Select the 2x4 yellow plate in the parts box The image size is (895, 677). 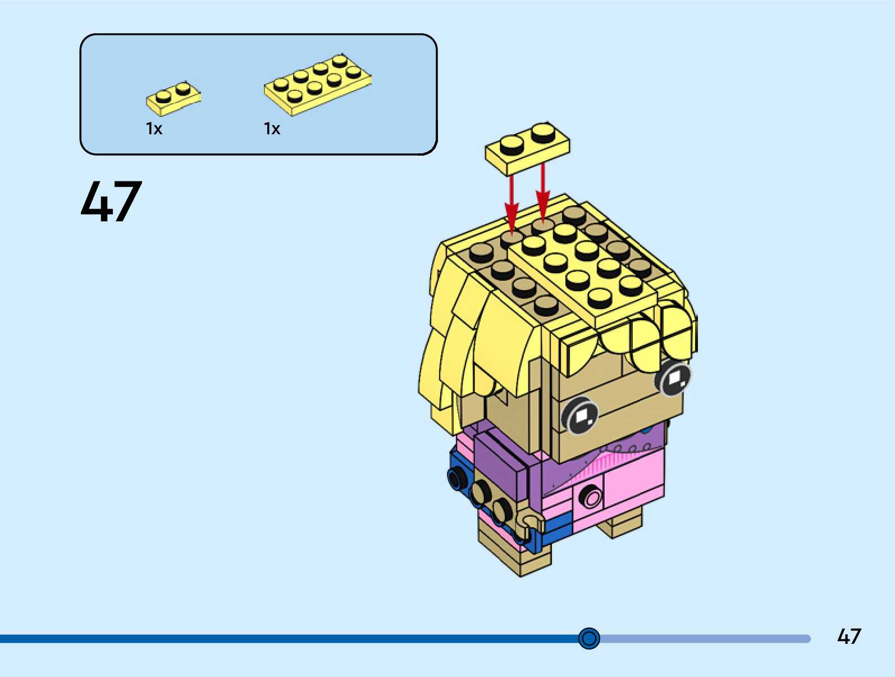[x=317, y=84]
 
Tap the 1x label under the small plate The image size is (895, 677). [x=154, y=129]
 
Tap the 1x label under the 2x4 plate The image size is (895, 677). [x=272, y=129]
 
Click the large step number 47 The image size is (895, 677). [x=111, y=202]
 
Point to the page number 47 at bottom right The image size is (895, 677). [x=848, y=637]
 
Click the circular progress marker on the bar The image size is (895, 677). [x=589, y=638]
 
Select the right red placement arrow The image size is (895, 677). [x=542, y=194]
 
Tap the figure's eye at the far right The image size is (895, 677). [x=674, y=379]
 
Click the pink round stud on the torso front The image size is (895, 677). [x=590, y=497]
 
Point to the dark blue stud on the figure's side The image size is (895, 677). [x=457, y=478]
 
